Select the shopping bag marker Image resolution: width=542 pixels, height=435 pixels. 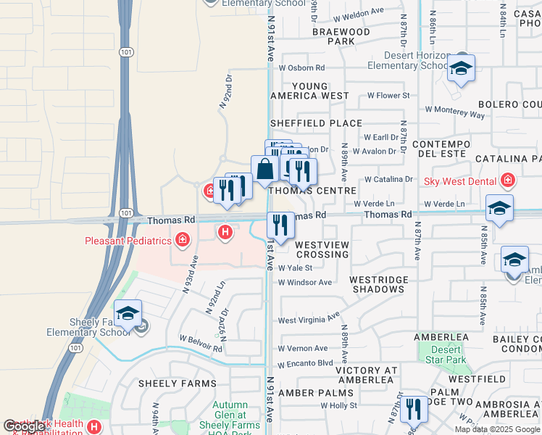click(264, 170)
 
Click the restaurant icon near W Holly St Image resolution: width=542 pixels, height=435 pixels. click(413, 407)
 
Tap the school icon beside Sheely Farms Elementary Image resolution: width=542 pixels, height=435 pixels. click(128, 314)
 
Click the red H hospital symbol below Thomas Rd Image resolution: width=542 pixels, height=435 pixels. click(225, 232)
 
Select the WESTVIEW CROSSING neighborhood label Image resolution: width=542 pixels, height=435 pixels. click(322, 250)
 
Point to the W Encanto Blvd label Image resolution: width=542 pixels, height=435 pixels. click(305, 363)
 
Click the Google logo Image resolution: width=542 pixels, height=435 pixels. click(24, 426)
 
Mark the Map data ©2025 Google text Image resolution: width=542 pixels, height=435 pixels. click(498, 429)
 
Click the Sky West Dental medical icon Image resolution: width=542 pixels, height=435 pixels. click(508, 180)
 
